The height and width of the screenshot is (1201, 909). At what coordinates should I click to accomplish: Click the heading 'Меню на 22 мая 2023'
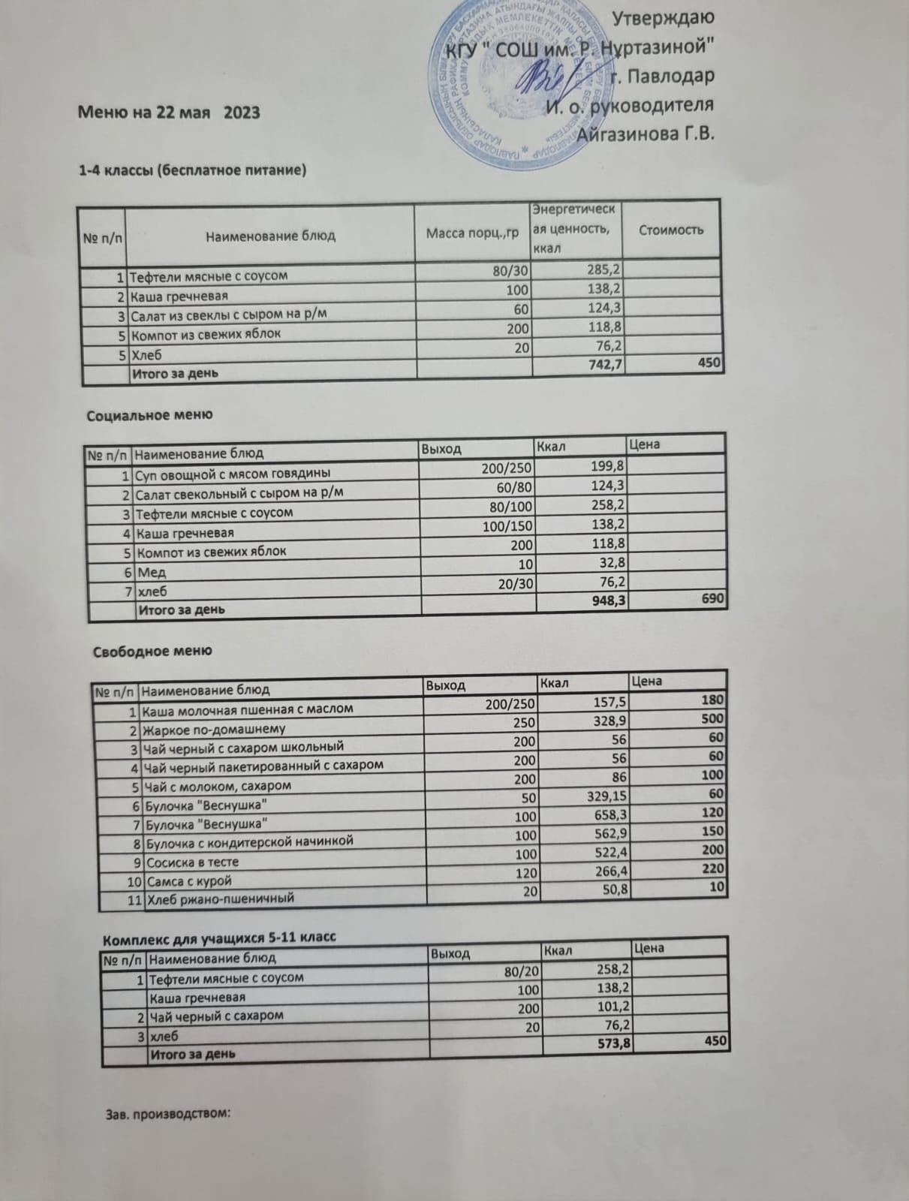(x=170, y=113)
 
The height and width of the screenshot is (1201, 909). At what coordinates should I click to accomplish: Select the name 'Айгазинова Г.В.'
(x=644, y=134)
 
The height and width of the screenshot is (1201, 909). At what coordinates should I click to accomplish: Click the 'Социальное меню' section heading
(x=150, y=415)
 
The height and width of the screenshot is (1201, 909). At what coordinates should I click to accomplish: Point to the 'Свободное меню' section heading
(x=152, y=651)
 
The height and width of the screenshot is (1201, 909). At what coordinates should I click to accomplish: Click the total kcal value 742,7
(x=597, y=364)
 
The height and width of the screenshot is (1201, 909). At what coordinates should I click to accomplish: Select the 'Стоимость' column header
(x=671, y=230)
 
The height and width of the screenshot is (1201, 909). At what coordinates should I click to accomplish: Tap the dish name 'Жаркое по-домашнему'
(x=214, y=729)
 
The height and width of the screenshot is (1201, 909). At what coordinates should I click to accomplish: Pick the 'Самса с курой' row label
(x=189, y=881)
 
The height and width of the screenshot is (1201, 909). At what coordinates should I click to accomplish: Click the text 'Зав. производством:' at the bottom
(x=166, y=1115)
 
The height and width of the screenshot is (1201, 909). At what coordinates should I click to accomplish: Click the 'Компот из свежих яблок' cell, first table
(x=206, y=333)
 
